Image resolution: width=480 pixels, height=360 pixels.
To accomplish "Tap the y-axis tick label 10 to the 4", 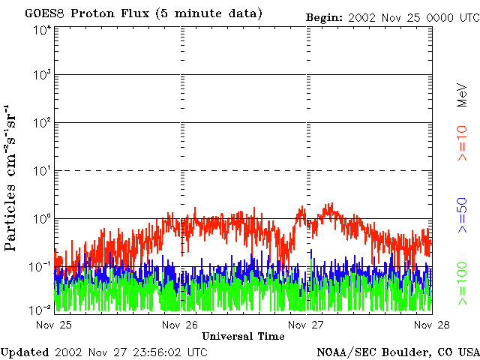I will click(x=41, y=29).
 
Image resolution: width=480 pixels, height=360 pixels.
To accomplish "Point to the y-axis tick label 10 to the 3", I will click(x=41, y=76).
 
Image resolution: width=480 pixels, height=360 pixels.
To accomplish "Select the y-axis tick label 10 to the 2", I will click(x=41, y=123).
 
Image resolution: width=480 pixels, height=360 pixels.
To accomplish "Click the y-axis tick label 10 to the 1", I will click(x=41, y=171).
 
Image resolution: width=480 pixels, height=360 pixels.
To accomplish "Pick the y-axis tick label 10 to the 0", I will click(x=41, y=218).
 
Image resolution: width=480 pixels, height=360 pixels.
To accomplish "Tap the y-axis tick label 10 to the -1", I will click(x=40, y=266).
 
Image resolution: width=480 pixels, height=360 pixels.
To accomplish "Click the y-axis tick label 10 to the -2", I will click(x=40, y=310).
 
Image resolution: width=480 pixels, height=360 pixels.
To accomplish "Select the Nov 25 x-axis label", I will click(x=53, y=325).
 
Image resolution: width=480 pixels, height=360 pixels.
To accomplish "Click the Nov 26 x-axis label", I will click(x=180, y=325).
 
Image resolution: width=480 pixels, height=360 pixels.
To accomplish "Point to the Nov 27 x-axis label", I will click(x=306, y=325).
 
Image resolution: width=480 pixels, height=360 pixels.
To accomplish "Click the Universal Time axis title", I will click(x=244, y=336).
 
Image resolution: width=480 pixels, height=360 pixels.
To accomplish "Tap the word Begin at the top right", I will click(x=324, y=16).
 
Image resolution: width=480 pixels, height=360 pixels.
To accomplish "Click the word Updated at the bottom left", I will click(x=25, y=351).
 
